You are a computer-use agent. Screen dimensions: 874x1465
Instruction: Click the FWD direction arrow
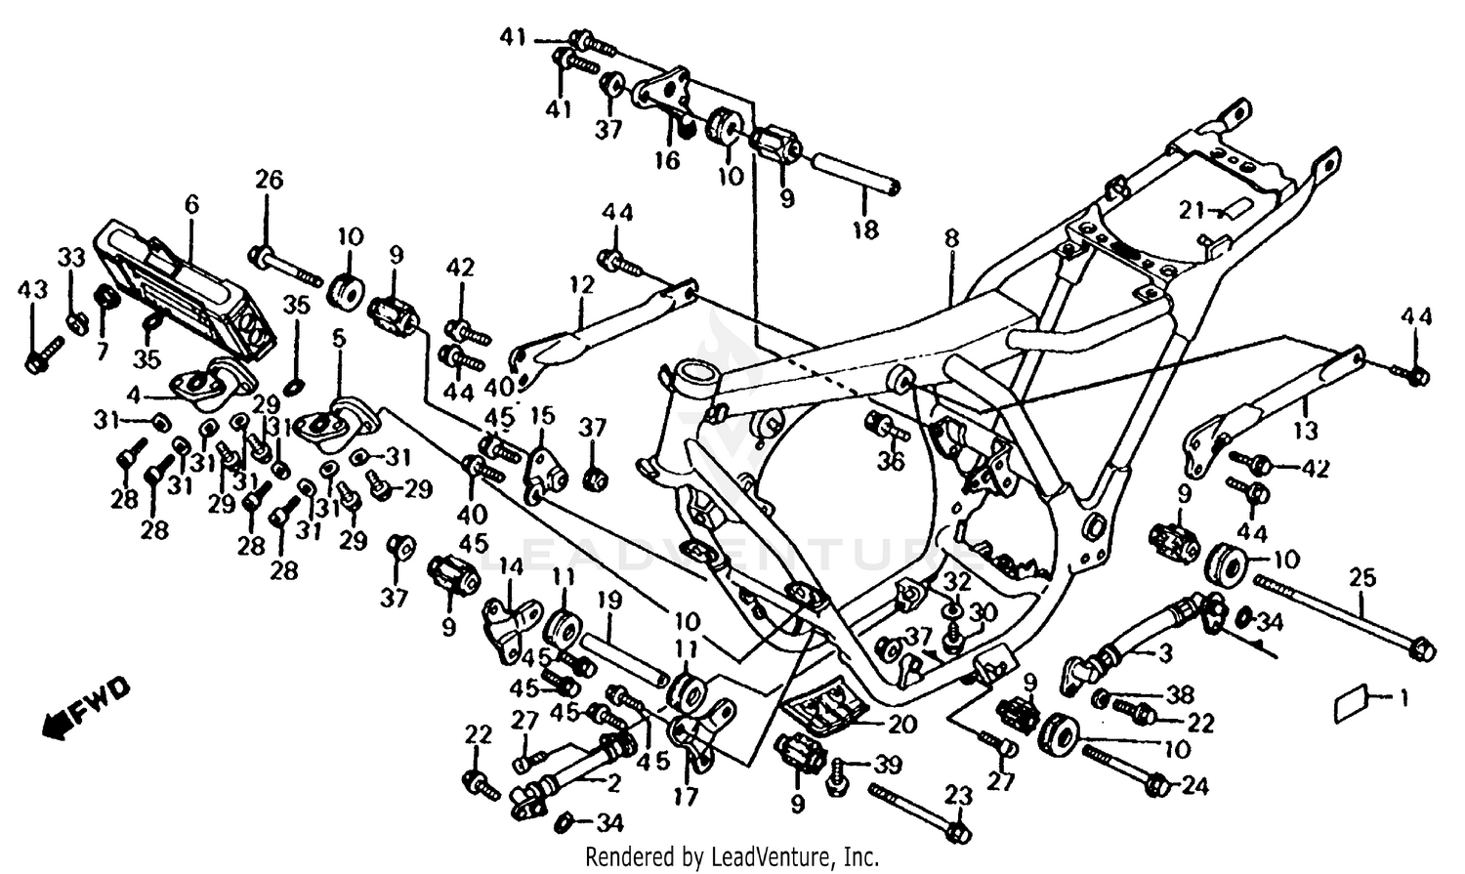pyautogui.click(x=86, y=706)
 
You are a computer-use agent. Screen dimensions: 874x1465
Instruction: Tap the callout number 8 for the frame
pyautogui.click(x=951, y=238)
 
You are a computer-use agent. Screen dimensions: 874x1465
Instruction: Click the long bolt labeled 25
pyautogui.click(x=1338, y=615)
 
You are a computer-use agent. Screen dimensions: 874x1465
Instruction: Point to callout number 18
pyautogui.click(x=865, y=230)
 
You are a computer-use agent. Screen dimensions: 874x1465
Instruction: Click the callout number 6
pyautogui.click(x=190, y=204)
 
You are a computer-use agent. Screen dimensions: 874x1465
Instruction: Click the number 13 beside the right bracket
pyautogui.click(x=1306, y=431)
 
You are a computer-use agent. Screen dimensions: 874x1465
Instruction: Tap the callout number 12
pyautogui.click(x=582, y=285)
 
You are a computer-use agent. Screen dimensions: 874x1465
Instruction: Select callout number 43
pyautogui.click(x=32, y=290)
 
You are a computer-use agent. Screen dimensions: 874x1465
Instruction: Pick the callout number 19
pyautogui.click(x=609, y=602)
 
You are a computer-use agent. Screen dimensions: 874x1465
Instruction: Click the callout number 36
pyautogui.click(x=890, y=461)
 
